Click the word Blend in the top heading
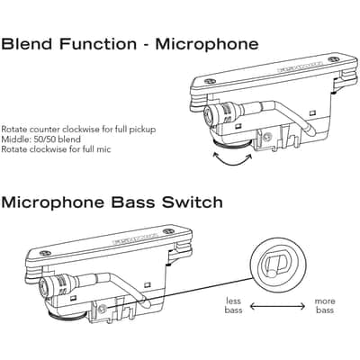tap(27, 44)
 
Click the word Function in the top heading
tap(98, 44)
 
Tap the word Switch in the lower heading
tap(193, 202)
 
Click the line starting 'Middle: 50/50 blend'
tap(41, 139)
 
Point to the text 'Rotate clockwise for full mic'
tap(56, 149)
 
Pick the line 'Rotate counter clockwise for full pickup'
tap(78, 130)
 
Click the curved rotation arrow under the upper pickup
tap(232, 162)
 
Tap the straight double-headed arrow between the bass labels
tap(277, 306)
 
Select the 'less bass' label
tap(233, 305)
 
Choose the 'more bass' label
tap(325, 305)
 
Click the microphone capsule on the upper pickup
tap(219, 114)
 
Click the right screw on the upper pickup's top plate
tap(334, 59)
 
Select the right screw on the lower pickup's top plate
tap(168, 231)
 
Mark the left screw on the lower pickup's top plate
tap(45, 253)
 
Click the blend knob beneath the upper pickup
tap(231, 144)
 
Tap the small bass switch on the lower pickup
tap(103, 309)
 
